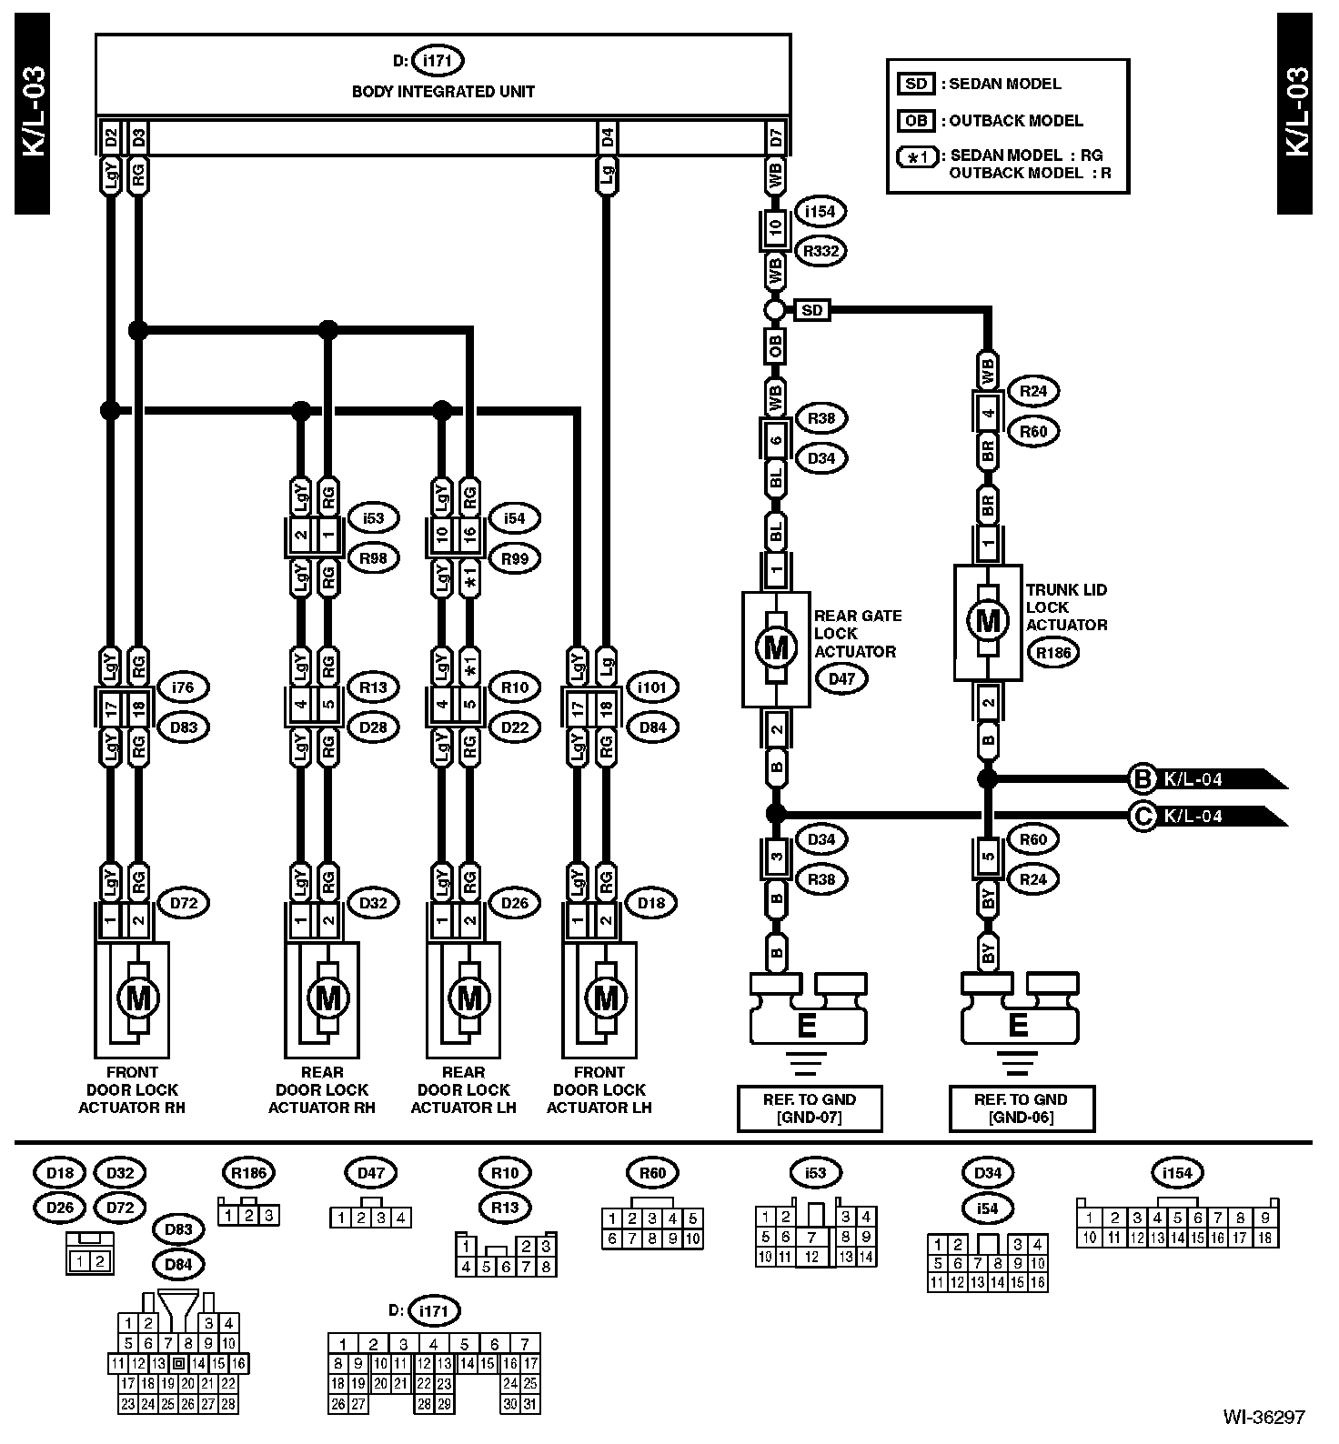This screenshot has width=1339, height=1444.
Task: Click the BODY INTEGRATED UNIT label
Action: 443,92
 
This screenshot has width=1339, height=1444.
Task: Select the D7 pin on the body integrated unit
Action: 776,139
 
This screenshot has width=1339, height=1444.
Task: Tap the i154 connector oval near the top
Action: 820,212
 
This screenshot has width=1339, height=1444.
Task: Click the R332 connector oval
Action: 820,251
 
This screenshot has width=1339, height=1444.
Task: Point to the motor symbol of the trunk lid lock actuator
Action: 988,622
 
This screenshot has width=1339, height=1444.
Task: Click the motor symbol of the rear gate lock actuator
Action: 776,648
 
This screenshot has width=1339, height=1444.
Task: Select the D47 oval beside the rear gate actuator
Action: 841,678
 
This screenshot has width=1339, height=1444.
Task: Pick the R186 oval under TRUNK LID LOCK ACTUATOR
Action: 1053,652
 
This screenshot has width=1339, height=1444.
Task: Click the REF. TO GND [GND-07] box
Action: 809,1108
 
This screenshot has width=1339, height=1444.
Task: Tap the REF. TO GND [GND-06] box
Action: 1021,1108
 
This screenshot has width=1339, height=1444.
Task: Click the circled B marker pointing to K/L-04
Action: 1141,779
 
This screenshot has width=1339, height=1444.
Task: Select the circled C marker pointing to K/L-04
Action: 1141,816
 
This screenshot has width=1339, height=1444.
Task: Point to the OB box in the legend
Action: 916,121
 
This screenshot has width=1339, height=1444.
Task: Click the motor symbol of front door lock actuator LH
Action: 605,998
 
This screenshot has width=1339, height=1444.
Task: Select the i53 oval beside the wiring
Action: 373,518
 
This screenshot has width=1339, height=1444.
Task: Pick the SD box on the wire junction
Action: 811,311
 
